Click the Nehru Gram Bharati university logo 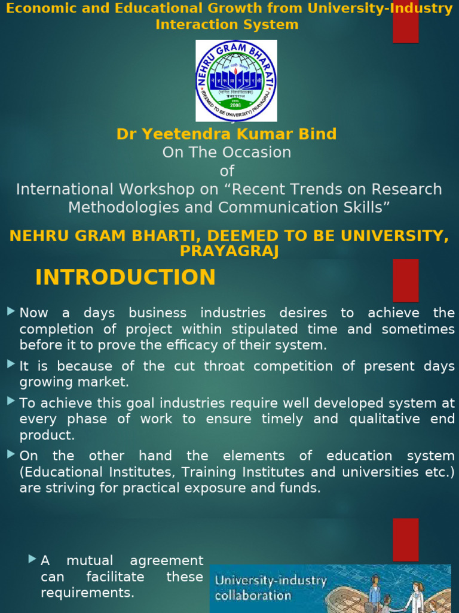(x=236, y=80)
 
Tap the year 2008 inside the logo (x=235, y=105)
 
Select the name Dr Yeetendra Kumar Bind (x=227, y=134)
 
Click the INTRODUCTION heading (x=126, y=278)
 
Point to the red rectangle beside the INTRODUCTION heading (x=405, y=281)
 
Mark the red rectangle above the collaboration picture (x=405, y=540)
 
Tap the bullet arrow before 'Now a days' (x=11, y=311)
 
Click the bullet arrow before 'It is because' (x=11, y=365)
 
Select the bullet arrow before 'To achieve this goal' (x=11, y=401)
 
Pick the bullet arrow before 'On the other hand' (x=11, y=454)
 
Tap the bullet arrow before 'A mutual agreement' (x=32, y=559)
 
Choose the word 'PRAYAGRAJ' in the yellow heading (x=229, y=251)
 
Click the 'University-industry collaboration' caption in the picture (x=271, y=588)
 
